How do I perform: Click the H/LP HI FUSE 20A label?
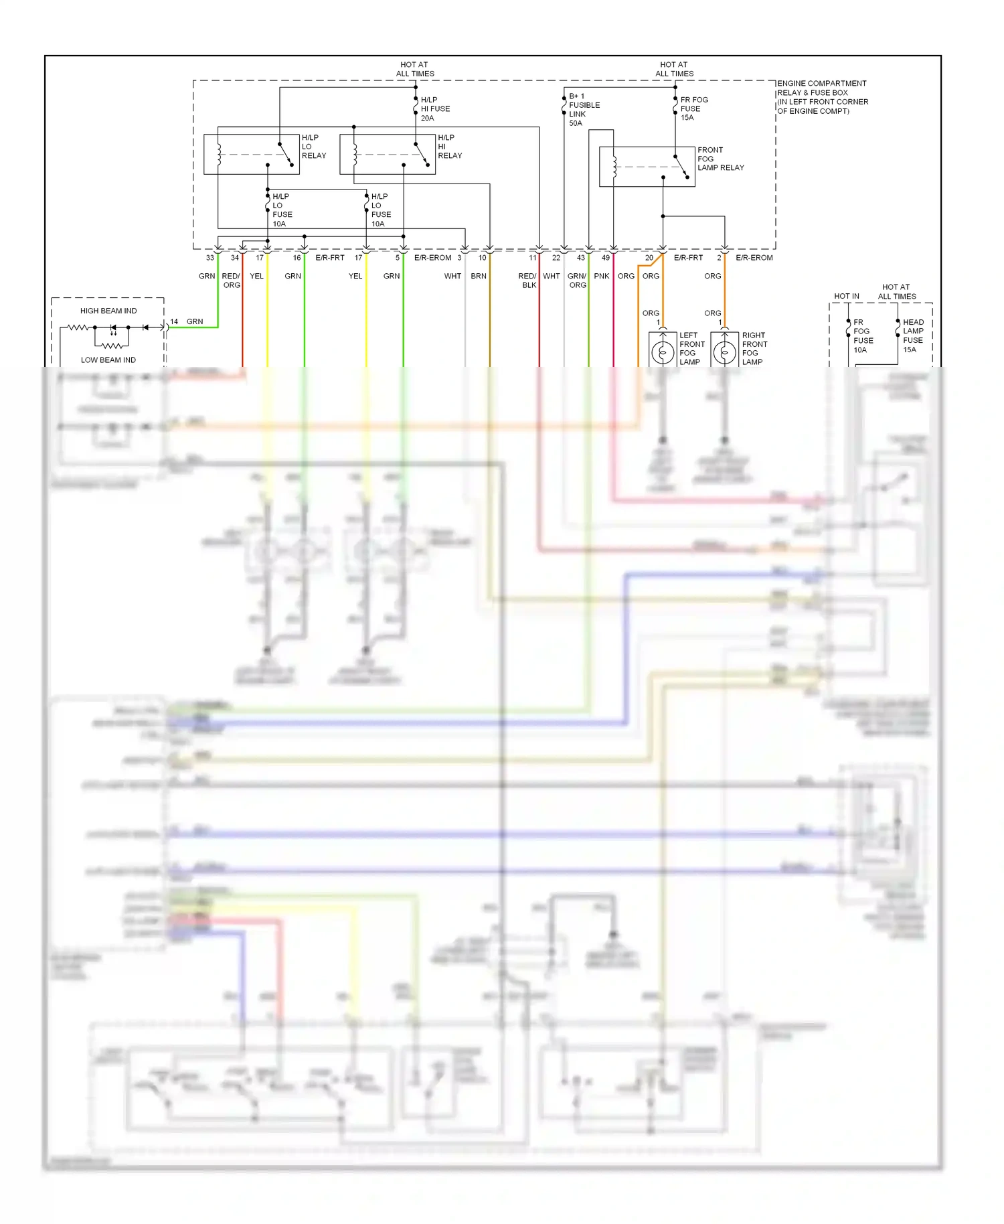(x=435, y=108)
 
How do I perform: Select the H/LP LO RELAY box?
(x=251, y=155)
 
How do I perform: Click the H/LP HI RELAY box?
(x=388, y=155)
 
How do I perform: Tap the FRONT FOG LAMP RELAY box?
(x=647, y=167)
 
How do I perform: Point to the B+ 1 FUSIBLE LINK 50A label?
(x=584, y=110)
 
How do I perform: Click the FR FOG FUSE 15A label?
(x=693, y=108)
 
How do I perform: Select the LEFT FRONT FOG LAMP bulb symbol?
(x=663, y=352)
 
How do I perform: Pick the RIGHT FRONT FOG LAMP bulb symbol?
(x=724, y=352)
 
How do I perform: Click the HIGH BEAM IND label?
(x=108, y=311)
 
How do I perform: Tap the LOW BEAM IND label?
(x=108, y=360)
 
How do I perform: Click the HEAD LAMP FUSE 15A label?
(x=913, y=335)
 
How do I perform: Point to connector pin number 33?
(x=210, y=258)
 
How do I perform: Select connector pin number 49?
(x=605, y=258)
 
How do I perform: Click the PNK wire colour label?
(x=601, y=276)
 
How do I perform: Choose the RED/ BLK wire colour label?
(x=527, y=281)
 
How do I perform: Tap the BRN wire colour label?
(x=479, y=276)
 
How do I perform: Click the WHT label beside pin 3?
(x=452, y=276)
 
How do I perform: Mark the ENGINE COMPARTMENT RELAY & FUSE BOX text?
(x=823, y=88)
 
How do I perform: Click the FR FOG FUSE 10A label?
(x=863, y=335)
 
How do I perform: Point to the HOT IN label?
(x=846, y=296)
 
